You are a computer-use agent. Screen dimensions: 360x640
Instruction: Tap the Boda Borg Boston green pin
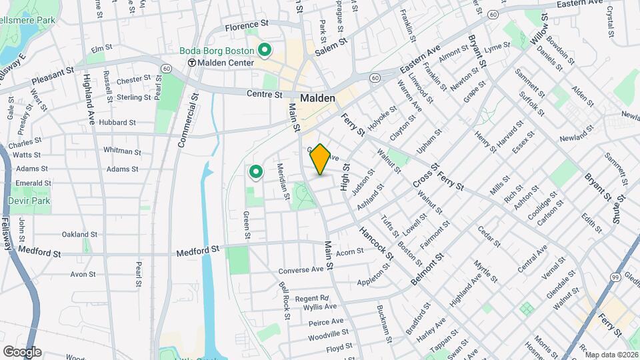point(265,49)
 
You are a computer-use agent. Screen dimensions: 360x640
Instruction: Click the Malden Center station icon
point(192,63)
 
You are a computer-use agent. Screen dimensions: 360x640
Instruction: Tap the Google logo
point(22,352)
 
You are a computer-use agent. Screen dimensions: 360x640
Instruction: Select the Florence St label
point(246,27)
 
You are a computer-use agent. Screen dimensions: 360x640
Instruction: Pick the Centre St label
point(265,95)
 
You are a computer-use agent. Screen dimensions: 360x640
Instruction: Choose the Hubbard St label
point(117,123)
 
